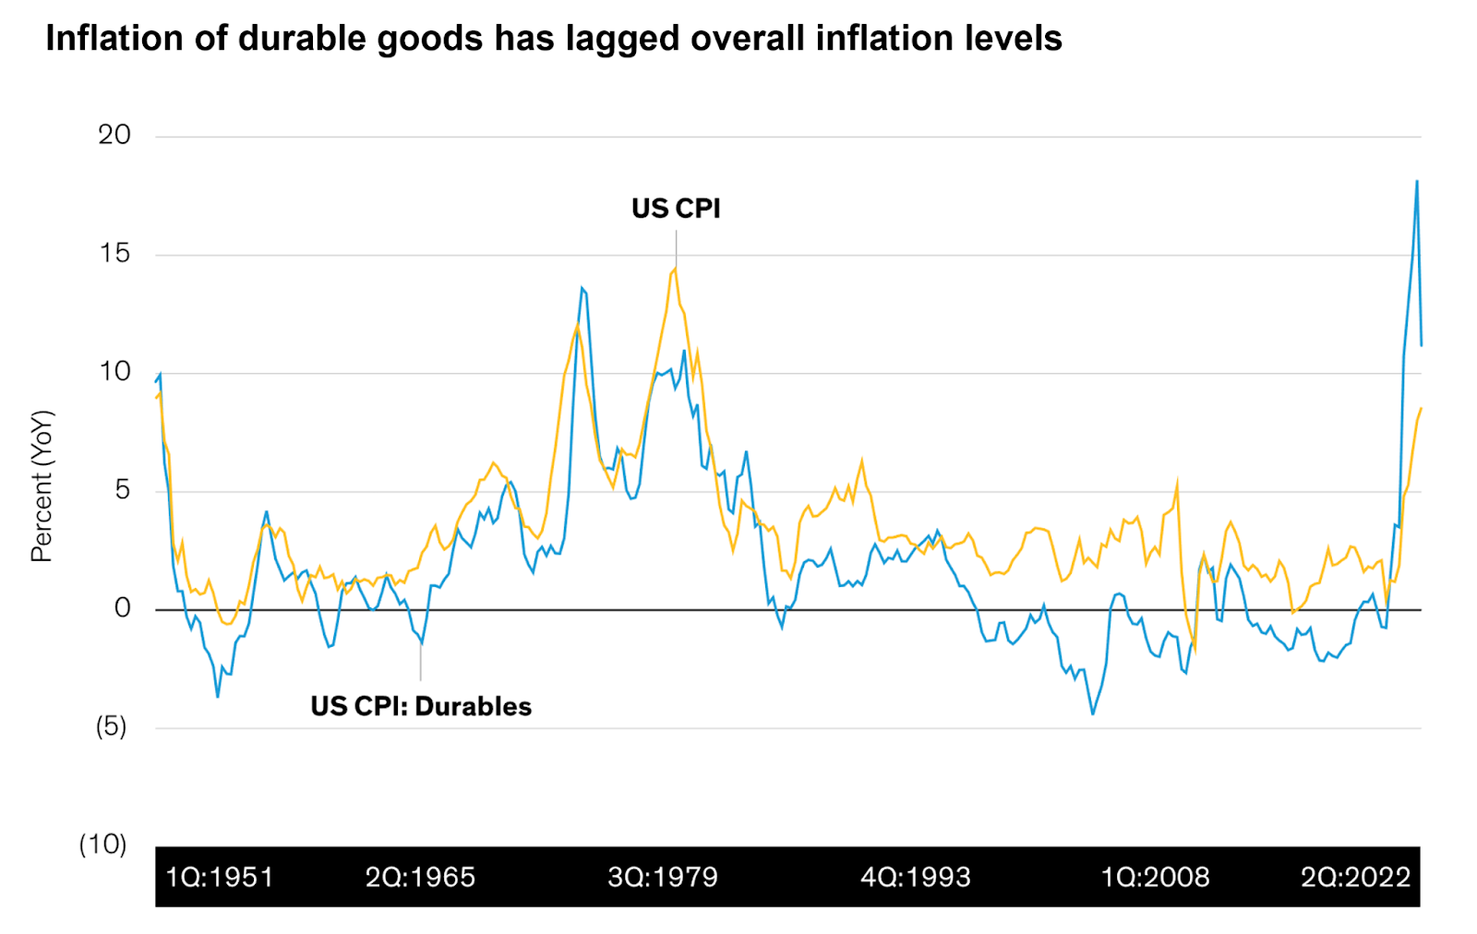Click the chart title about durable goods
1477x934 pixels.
click(x=554, y=39)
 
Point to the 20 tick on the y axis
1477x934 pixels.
click(x=114, y=135)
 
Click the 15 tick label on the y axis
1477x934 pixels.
click(x=115, y=253)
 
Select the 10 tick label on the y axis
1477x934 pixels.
click(x=115, y=371)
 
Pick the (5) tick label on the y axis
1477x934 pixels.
click(x=112, y=726)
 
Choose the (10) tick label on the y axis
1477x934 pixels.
click(x=103, y=844)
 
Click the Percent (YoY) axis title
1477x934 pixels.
click(x=42, y=486)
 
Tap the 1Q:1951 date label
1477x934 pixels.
click(x=220, y=877)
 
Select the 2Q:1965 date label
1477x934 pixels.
click(x=420, y=877)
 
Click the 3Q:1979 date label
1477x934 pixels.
click(x=663, y=877)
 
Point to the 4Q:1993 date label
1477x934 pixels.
click(x=916, y=877)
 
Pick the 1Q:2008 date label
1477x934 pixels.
click(x=1155, y=877)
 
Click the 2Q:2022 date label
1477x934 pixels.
click(x=1356, y=877)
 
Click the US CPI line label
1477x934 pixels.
click(x=676, y=209)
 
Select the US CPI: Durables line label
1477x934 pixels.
click(x=421, y=707)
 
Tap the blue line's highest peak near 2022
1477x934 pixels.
click(x=1417, y=182)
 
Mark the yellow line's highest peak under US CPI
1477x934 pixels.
click(x=676, y=269)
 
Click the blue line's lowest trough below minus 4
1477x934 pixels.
click(x=1093, y=713)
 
